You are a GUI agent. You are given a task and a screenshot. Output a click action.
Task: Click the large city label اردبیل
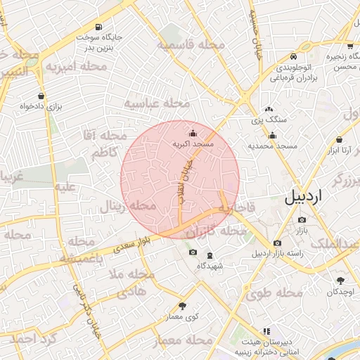click(312, 198)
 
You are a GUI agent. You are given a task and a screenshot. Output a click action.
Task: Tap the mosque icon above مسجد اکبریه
click(193, 133)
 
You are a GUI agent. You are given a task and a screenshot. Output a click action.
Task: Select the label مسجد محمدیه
click(272, 146)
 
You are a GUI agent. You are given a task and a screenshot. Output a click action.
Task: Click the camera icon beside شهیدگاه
click(193, 252)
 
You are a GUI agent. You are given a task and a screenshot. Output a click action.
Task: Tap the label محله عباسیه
click(157, 103)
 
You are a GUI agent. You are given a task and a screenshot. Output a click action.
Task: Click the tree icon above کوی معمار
click(184, 306)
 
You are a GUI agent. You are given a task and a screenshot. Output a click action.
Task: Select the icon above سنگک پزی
click(269, 110)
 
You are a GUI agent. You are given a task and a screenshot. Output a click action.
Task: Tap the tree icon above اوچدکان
click(340, 281)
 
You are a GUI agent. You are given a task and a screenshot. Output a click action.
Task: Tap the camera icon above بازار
click(302, 220)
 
